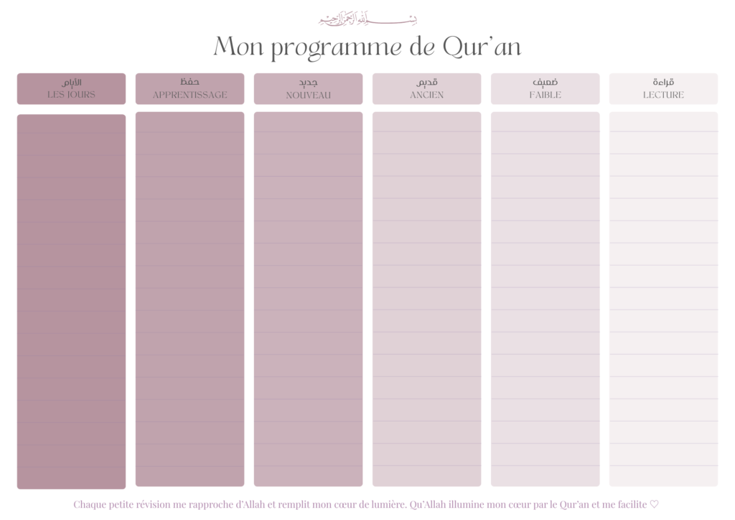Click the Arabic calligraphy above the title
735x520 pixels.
click(x=367, y=19)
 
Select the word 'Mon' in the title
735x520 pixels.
click(x=239, y=47)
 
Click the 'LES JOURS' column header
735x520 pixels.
click(x=71, y=95)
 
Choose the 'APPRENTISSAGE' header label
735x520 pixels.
click(x=189, y=95)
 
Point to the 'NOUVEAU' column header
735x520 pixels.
click(x=308, y=95)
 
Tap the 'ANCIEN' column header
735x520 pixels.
click(x=426, y=95)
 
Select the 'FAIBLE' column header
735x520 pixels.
click(x=545, y=95)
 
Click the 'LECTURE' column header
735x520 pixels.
click(x=663, y=95)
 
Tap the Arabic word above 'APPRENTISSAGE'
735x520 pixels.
click(x=189, y=82)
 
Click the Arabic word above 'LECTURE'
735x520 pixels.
click(x=663, y=82)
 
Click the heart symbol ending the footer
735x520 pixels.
click(x=654, y=504)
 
